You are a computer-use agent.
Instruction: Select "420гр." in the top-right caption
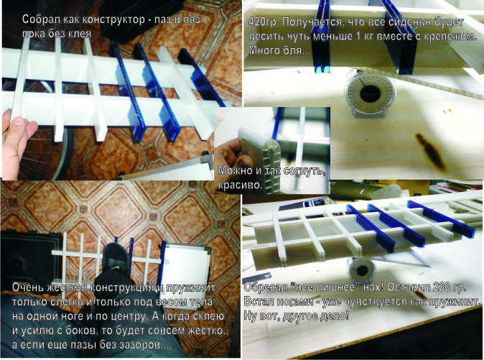(264, 22)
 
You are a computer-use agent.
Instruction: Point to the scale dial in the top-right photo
(370, 93)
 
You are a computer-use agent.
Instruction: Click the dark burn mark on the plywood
(430, 149)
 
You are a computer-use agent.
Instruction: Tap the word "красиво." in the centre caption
(241, 185)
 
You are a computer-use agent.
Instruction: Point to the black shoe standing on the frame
(115, 257)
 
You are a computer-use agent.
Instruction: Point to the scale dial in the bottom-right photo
(361, 269)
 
